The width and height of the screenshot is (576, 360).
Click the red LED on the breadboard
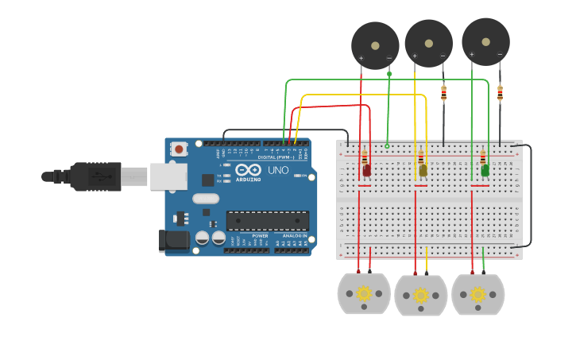(x=366, y=169)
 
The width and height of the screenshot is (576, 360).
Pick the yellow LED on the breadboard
(x=423, y=169)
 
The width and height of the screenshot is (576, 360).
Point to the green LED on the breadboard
(x=485, y=169)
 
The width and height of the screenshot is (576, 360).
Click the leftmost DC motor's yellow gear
(x=364, y=293)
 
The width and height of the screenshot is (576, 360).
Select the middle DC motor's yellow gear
(x=420, y=296)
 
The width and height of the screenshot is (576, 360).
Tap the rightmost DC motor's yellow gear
(x=477, y=294)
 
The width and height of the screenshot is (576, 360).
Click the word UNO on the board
(x=278, y=170)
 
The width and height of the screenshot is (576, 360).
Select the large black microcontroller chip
(x=268, y=220)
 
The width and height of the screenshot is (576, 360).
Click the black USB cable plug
(x=95, y=176)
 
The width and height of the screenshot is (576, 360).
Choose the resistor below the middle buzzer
(x=443, y=93)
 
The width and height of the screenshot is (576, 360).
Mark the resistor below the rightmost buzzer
(x=500, y=93)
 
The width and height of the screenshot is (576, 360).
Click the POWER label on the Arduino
(x=260, y=236)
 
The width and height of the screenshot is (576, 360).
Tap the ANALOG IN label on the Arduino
(x=294, y=236)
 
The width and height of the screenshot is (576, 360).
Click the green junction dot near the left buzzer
(x=389, y=74)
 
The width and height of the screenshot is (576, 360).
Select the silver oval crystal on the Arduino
(x=204, y=199)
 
